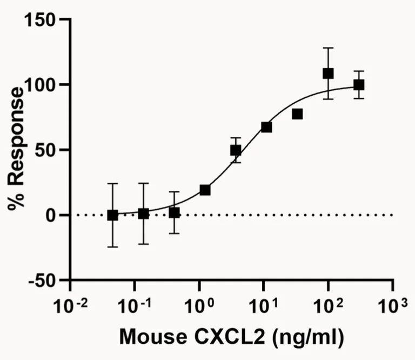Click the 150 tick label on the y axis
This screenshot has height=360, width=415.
[x=41, y=20]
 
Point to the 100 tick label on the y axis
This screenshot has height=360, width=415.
[x=41, y=85]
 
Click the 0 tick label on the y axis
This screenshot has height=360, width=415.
[x=53, y=215]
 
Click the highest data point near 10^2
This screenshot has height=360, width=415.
[x=328, y=74]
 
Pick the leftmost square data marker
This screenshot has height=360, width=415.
[x=112, y=215]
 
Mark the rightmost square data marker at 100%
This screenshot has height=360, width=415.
[x=359, y=85]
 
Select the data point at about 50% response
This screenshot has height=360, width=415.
[x=236, y=150]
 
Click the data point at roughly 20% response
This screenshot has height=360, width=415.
[x=205, y=190]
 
